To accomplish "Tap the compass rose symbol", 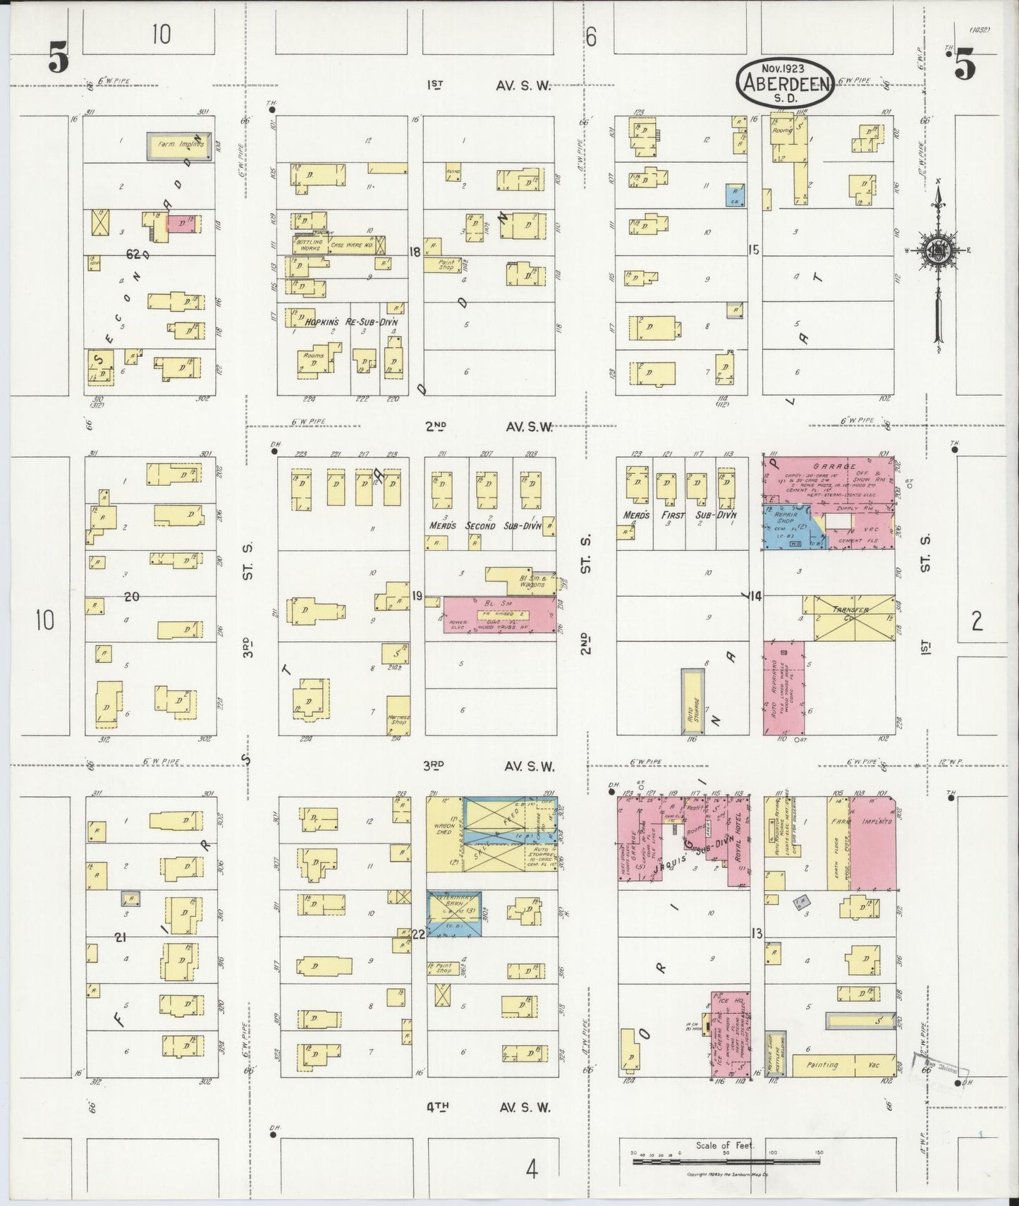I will tap(938, 250).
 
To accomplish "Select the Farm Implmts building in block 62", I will tap(180, 146).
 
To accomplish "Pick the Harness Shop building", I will tap(398, 717).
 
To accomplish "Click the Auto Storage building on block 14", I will tap(692, 702).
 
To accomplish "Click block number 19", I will tap(417, 597).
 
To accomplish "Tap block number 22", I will tap(418, 934).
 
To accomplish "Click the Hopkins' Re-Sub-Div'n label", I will tap(351, 322).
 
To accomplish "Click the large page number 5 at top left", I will tap(59, 58).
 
